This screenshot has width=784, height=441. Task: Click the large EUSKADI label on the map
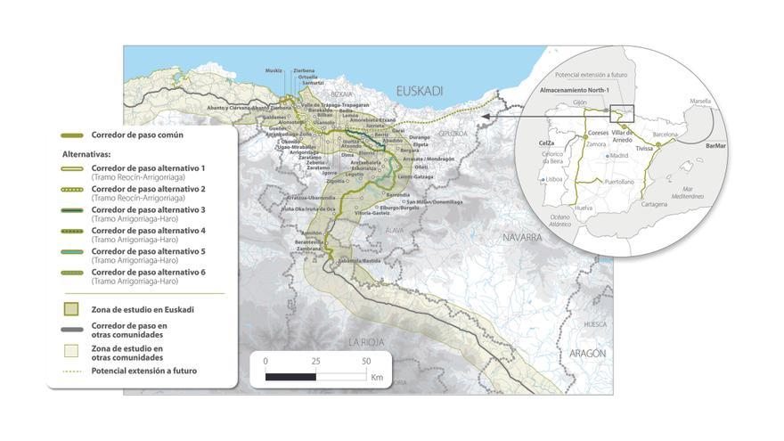(x=418, y=90)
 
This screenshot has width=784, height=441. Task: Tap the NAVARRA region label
(x=522, y=238)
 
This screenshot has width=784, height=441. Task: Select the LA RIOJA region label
(x=365, y=341)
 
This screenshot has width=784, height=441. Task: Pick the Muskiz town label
(x=274, y=69)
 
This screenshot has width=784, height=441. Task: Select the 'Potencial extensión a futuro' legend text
(x=143, y=371)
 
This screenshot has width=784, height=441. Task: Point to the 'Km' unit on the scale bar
(x=377, y=378)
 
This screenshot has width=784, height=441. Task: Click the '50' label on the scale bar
(x=365, y=362)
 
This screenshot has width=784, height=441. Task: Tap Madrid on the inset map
(x=618, y=156)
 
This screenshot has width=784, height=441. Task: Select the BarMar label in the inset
(x=715, y=144)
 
